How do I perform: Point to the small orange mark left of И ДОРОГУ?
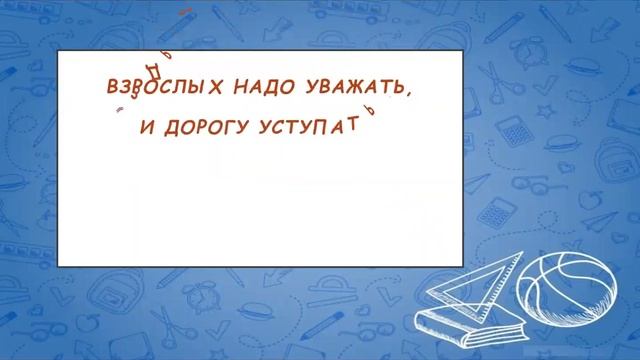point(119,110)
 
